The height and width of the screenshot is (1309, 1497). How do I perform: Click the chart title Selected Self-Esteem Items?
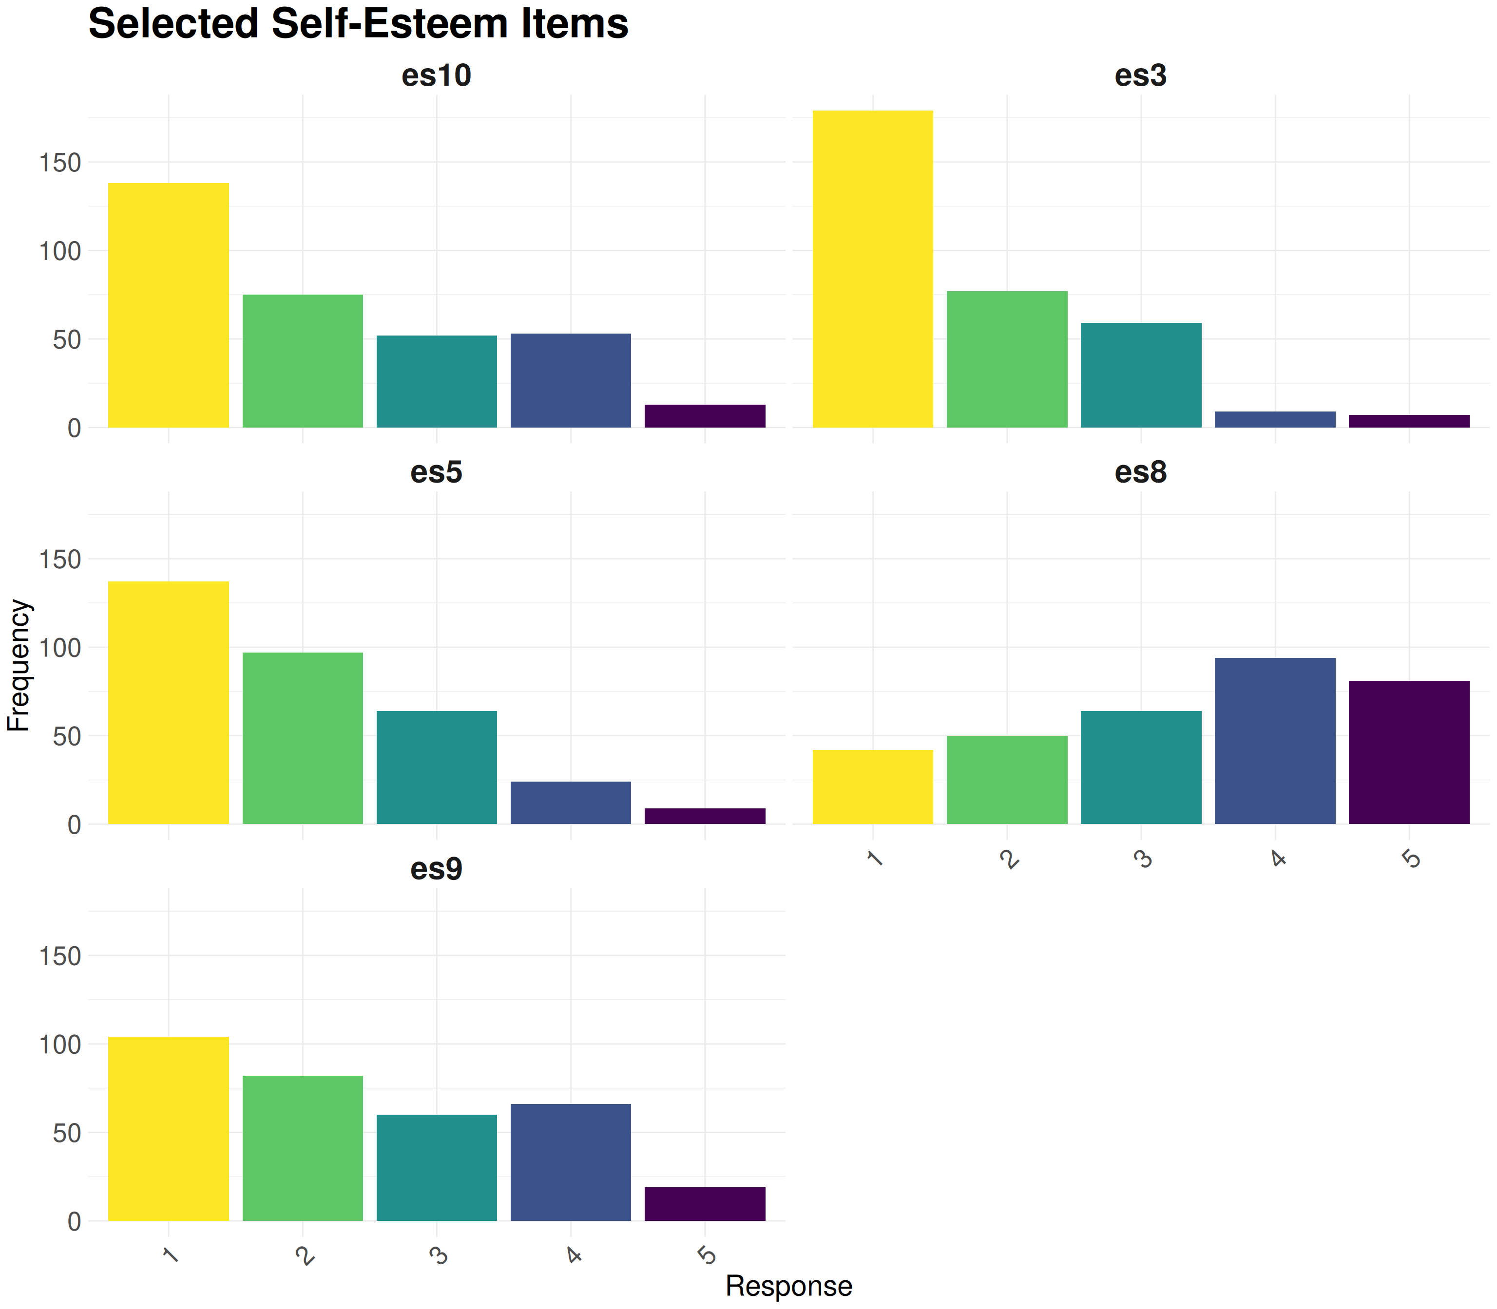[x=358, y=23]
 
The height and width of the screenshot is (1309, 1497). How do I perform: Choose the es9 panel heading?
[x=437, y=869]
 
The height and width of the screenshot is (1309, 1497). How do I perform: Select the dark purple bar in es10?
[x=705, y=416]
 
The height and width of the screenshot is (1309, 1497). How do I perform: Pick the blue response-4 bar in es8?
[x=1275, y=741]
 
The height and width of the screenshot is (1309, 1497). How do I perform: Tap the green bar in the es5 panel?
[x=303, y=738]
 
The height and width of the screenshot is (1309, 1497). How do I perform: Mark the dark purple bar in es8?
[x=1408, y=752]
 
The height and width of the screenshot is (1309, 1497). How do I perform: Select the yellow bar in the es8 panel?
[x=873, y=787]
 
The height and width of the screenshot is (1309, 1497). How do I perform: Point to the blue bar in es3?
[x=1275, y=419]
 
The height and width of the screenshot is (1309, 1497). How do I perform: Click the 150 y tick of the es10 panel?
[x=60, y=163]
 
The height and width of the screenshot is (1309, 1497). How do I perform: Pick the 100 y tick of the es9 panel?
[x=60, y=1045]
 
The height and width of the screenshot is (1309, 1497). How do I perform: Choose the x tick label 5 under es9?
[x=707, y=1255]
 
